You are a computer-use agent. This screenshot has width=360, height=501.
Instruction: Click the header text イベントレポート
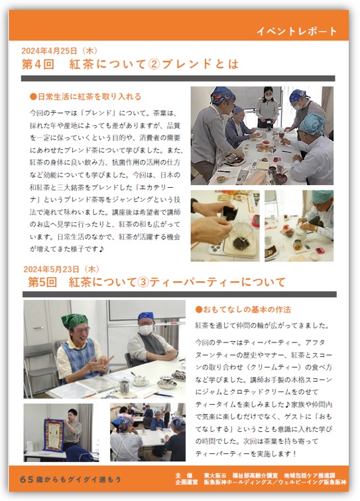(296, 31)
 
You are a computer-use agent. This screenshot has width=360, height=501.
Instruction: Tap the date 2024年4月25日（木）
(60, 50)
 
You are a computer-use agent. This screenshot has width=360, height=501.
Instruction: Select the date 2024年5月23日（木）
(62, 269)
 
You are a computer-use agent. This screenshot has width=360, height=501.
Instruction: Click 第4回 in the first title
(38, 64)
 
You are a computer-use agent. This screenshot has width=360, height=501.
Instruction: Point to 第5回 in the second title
(42, 282)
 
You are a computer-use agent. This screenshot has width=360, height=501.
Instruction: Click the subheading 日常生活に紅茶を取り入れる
(86, 96)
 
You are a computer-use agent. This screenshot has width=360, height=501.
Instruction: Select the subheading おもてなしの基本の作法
(243, 309)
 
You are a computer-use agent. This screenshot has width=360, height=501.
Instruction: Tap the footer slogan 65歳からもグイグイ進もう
(70, 479)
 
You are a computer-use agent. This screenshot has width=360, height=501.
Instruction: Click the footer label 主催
(184, 475)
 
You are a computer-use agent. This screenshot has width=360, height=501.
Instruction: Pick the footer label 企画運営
(186, 482)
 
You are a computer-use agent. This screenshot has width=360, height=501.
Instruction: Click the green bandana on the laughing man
(75, 321)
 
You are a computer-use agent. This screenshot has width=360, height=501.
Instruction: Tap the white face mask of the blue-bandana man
(145, 330)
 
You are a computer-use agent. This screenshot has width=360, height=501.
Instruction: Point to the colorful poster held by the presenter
(54, 435)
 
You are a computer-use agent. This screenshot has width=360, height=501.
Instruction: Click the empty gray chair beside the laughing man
(40, 364)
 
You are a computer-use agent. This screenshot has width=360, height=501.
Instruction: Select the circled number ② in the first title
(154, 64)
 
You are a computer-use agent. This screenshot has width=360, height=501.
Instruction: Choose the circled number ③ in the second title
(143, 282)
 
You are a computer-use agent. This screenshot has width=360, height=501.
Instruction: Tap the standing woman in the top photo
(267, 106)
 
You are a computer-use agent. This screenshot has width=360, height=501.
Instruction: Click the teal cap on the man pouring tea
(322, 196)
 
